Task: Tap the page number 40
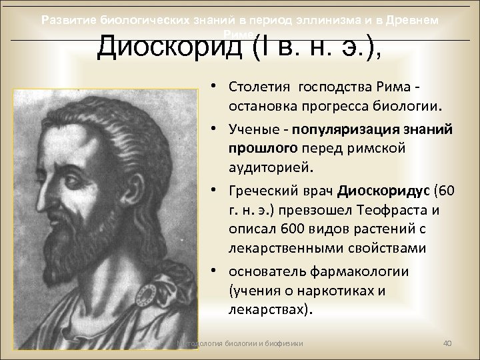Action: pyautogui.click(x=448, y=343)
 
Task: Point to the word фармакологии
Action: pyautogui.click(x=372, y=271)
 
